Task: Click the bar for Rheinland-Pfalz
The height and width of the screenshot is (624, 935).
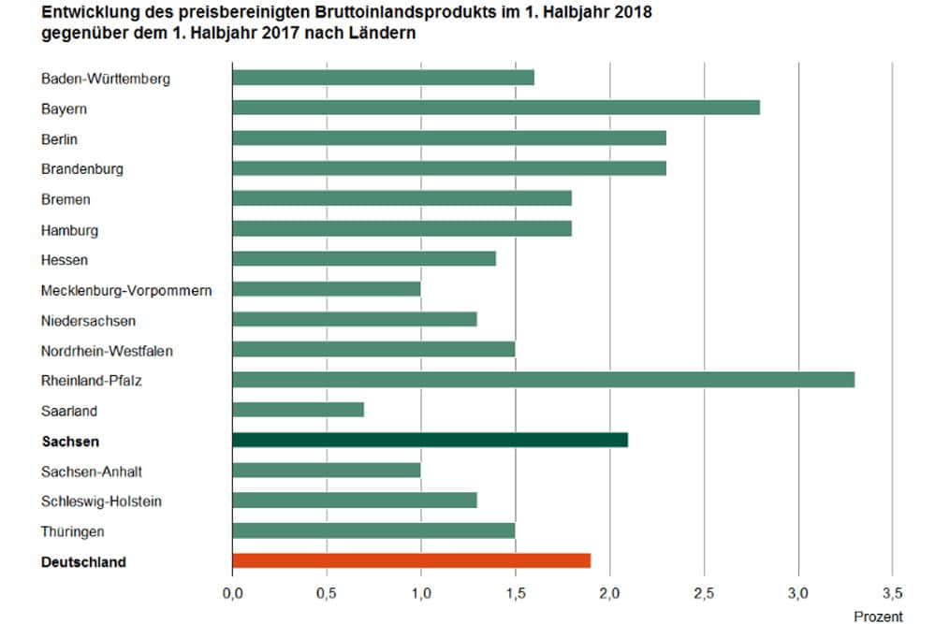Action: click(543, 380)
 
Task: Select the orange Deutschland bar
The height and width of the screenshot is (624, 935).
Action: click(411, 560)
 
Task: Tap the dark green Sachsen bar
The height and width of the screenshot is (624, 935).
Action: click(430, 440)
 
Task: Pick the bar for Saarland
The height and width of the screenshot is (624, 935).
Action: click(298, 410)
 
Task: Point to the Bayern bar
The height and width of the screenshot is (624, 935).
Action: click(495, 108)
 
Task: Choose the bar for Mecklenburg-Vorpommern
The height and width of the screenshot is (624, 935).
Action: click(326, 289)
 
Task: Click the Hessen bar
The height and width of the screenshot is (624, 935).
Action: click(363, 259)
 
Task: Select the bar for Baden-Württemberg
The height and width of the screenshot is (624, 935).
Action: click(383, 78)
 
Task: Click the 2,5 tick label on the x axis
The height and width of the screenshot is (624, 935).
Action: click(704, 593)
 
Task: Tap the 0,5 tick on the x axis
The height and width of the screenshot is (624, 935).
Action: click(326, 593)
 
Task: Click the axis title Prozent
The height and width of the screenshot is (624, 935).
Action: click(878, 617)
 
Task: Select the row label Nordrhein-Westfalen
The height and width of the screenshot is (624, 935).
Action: click(107, 351)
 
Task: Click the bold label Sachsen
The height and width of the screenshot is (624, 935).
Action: click(70, 442)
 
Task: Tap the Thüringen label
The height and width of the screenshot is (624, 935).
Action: click(73, 531)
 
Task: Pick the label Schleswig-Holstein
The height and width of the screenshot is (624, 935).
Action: click(101, 501)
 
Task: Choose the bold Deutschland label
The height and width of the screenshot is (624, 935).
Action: click(84, 562)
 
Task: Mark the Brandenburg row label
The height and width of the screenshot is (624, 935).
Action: click(82, 169)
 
